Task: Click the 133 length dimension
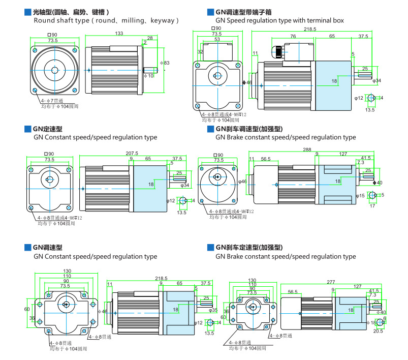coord(119,33)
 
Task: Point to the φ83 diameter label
coord(166,63)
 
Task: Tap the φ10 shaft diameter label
coord(149,76)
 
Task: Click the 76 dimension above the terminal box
coord(293,37)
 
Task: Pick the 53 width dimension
coord(217,39)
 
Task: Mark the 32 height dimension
coord(201,51)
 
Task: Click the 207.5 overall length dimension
coord(132,153)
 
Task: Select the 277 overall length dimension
coord(331,282)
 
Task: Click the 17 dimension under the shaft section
coord(372,206)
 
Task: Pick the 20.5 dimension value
coord(378,331)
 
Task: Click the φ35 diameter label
coord(213,310)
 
